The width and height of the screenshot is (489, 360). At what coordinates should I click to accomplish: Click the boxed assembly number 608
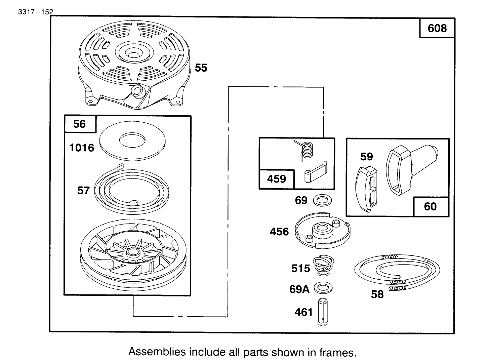tap(437, 28)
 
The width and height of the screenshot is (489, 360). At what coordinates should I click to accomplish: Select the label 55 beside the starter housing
tap(201, 68)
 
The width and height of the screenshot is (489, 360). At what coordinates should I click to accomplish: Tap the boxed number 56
tap(80, 124)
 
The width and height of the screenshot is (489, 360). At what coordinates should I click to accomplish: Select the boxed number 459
tap(276, 179)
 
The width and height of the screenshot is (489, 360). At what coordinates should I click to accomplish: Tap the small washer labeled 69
tap(322, 201)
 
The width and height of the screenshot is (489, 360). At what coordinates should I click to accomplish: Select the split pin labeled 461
tap(322, 312)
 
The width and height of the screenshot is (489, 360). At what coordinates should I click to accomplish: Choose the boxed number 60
tap(430, 206)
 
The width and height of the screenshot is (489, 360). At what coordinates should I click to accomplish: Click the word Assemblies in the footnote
tap(157, 352)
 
